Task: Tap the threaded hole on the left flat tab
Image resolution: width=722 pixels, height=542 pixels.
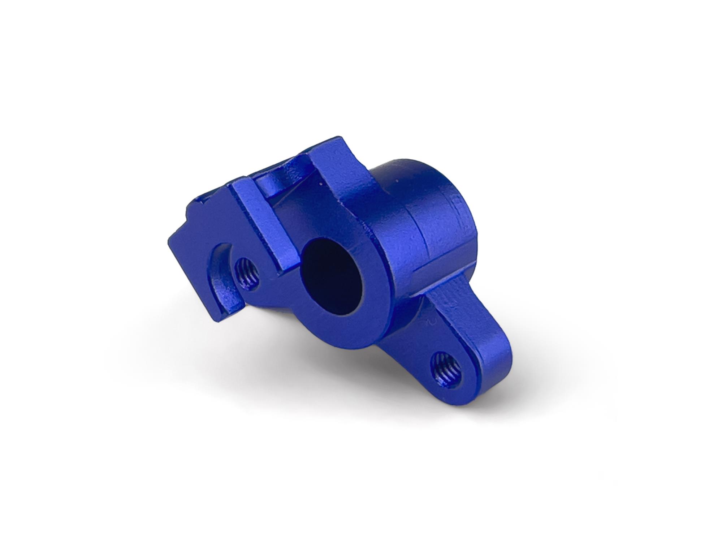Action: [246, 273]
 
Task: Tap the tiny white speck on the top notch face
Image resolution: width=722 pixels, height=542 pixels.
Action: [320, 184]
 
